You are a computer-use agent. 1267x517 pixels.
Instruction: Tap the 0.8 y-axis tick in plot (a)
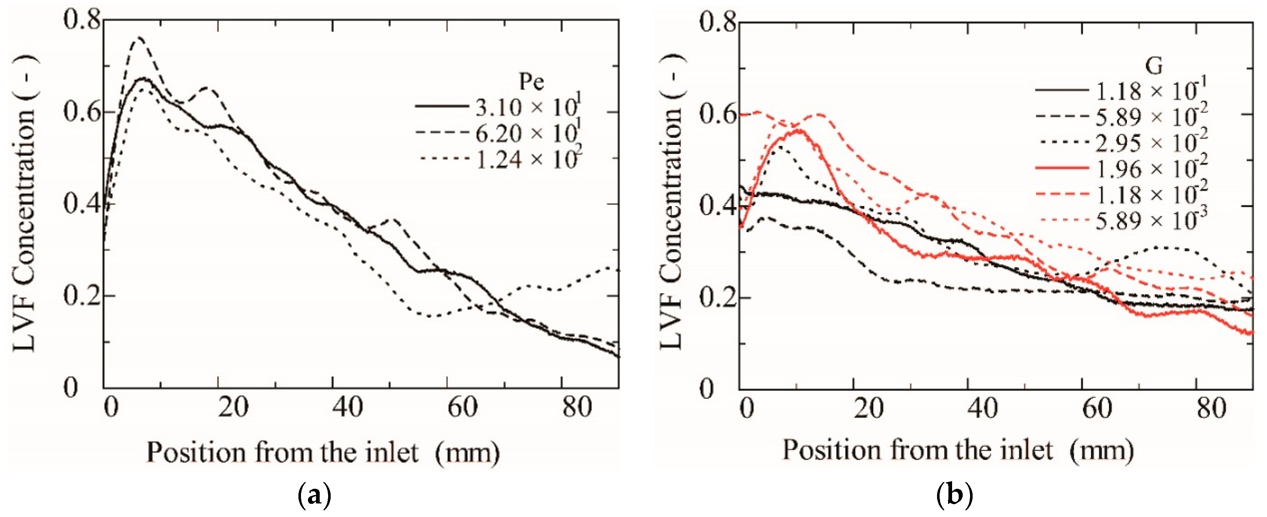pyautogui.click(x=81, y=22)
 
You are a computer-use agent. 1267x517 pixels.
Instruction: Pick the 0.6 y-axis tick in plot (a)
pyautogui.click(x=81, y=113)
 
